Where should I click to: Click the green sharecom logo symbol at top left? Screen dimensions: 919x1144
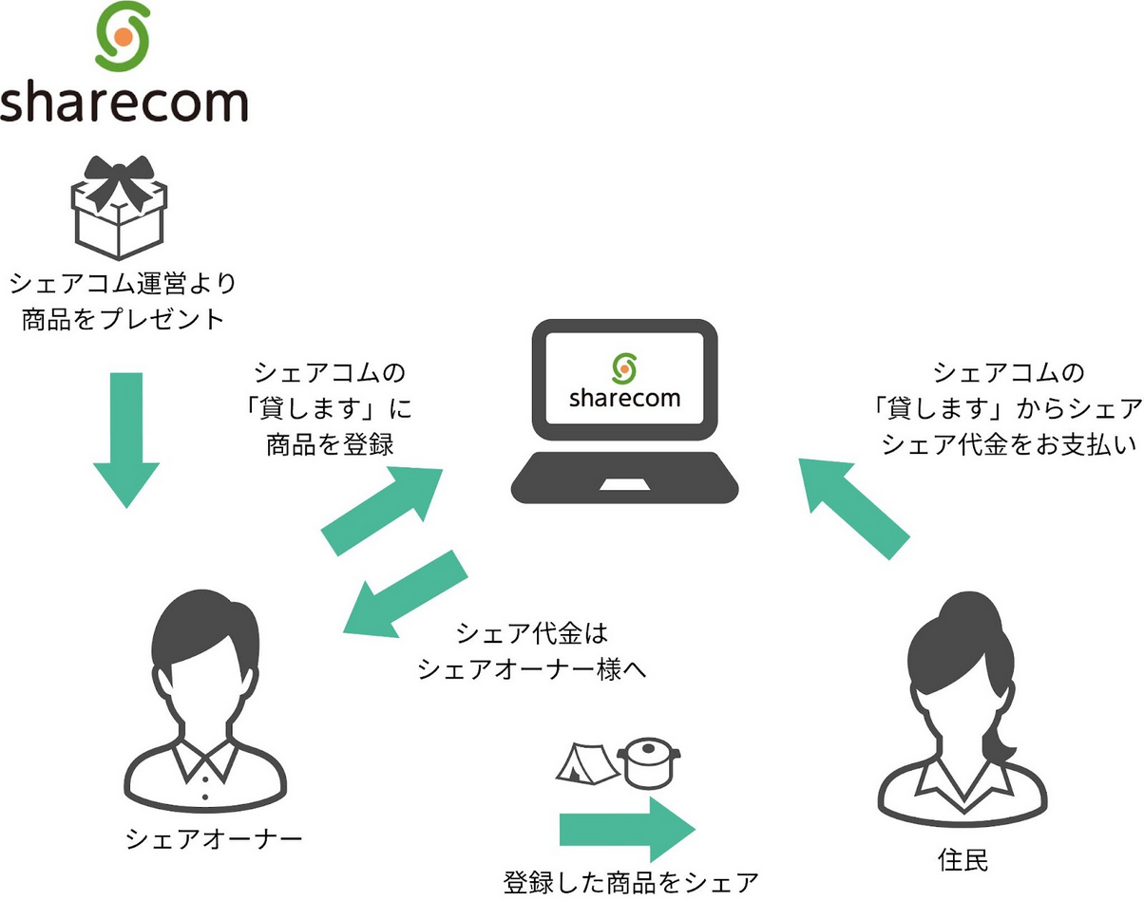pyautogui.click(x=124, y=37)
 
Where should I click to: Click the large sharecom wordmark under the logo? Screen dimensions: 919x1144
pyautogui.click(x=124, y=101)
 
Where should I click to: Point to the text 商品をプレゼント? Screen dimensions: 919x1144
pyautogui.click(x=123, y=319)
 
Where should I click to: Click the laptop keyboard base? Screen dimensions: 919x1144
pyautogui.click(x=625, y=479)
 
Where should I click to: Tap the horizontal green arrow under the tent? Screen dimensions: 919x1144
pyautogui.click(x=627, y=829)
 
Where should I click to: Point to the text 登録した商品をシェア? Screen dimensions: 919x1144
pyautogui.click(x=631, y=884)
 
